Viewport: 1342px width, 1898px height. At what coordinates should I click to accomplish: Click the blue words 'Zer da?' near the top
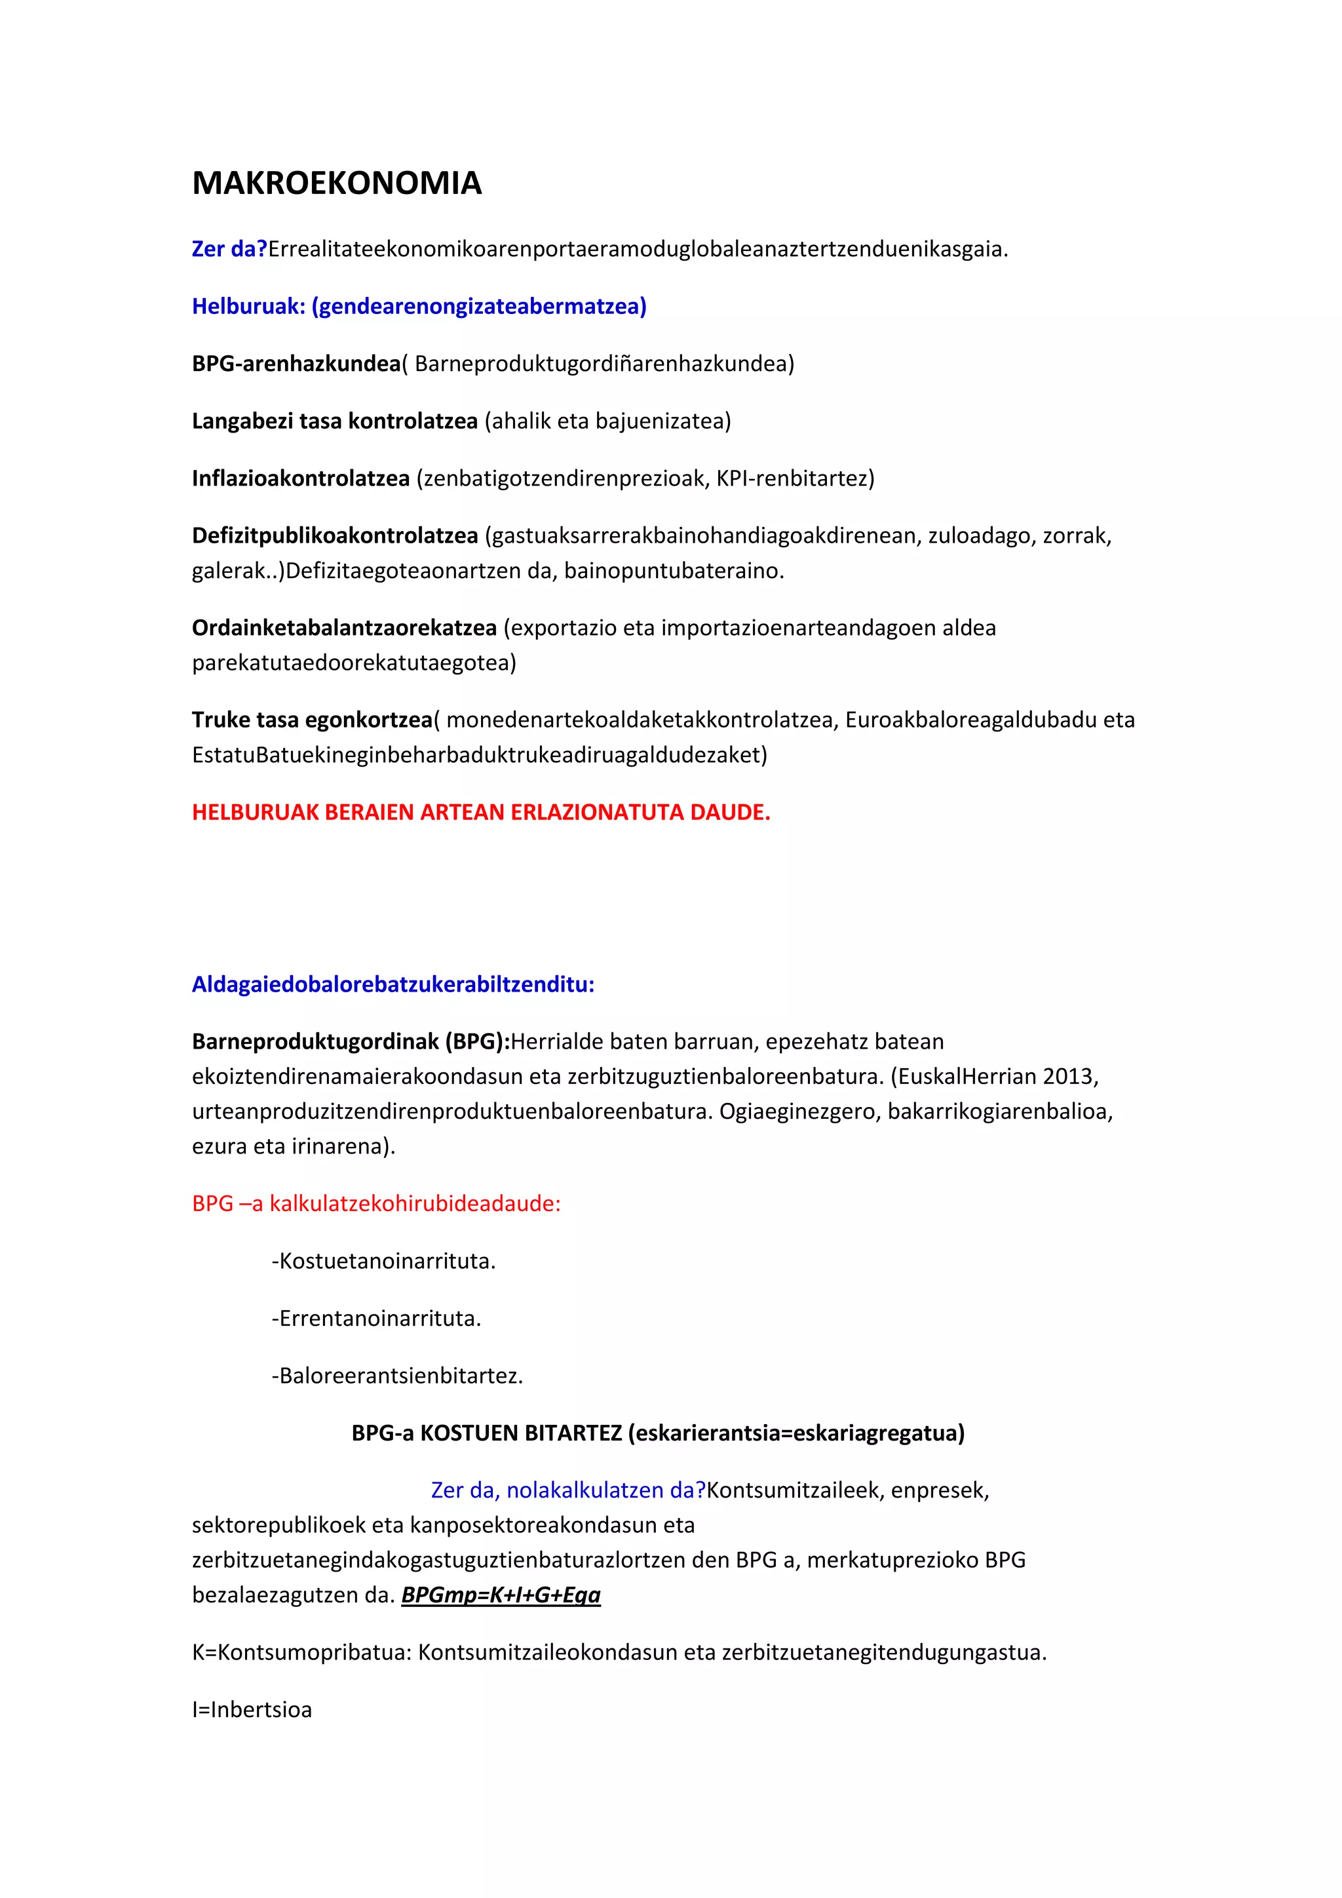[x=229, y=249]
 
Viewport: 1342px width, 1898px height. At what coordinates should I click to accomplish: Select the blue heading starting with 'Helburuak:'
[x=419, y=307]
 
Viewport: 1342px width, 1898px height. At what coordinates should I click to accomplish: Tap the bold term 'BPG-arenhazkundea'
[x=296, y=364]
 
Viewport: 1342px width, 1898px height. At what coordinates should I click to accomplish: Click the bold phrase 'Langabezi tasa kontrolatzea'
[x=335, y=421]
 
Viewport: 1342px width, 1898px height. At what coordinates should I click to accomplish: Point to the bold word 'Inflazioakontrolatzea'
[x=301, y=478]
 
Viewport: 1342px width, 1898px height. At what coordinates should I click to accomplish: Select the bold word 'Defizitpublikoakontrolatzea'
[x=335, y=535]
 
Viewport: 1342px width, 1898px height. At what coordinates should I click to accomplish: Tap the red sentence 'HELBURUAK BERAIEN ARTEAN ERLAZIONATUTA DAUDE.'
[x=481, y=813]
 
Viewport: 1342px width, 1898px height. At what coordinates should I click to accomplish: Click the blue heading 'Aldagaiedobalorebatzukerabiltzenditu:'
[x=393, y=984]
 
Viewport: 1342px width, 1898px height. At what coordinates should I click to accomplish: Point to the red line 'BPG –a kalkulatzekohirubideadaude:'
[x=376, y=1203]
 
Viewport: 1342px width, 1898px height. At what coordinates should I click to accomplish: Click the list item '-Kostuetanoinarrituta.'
[x=383, y=1262]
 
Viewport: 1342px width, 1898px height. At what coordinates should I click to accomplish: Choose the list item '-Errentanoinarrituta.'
[x=376, y=1319]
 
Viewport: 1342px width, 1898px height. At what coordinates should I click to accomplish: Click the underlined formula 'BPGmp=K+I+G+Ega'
[x=501, y=1595]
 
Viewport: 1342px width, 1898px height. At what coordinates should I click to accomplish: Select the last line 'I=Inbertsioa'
[x=252, y=1709]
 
